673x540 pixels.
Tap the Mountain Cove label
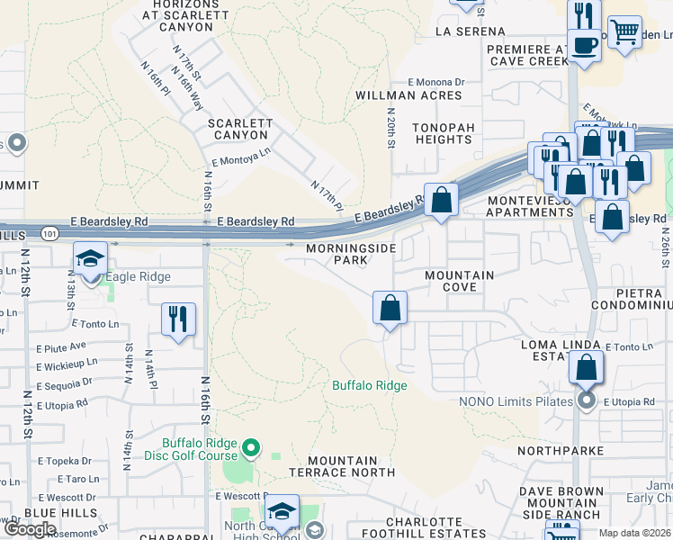tap(460, 281)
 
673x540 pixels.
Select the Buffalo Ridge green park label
tap(370, 385)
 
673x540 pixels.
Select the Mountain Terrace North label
tap(341, 466)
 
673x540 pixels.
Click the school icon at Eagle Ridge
tap(90, 259)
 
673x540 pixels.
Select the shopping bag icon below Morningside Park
tap(390, 308)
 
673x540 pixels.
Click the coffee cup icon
tap(584, 45)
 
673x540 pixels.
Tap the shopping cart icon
tap(624, 32)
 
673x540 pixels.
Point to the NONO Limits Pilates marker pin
tap(587, 400)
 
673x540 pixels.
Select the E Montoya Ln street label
tap(240, 158)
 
